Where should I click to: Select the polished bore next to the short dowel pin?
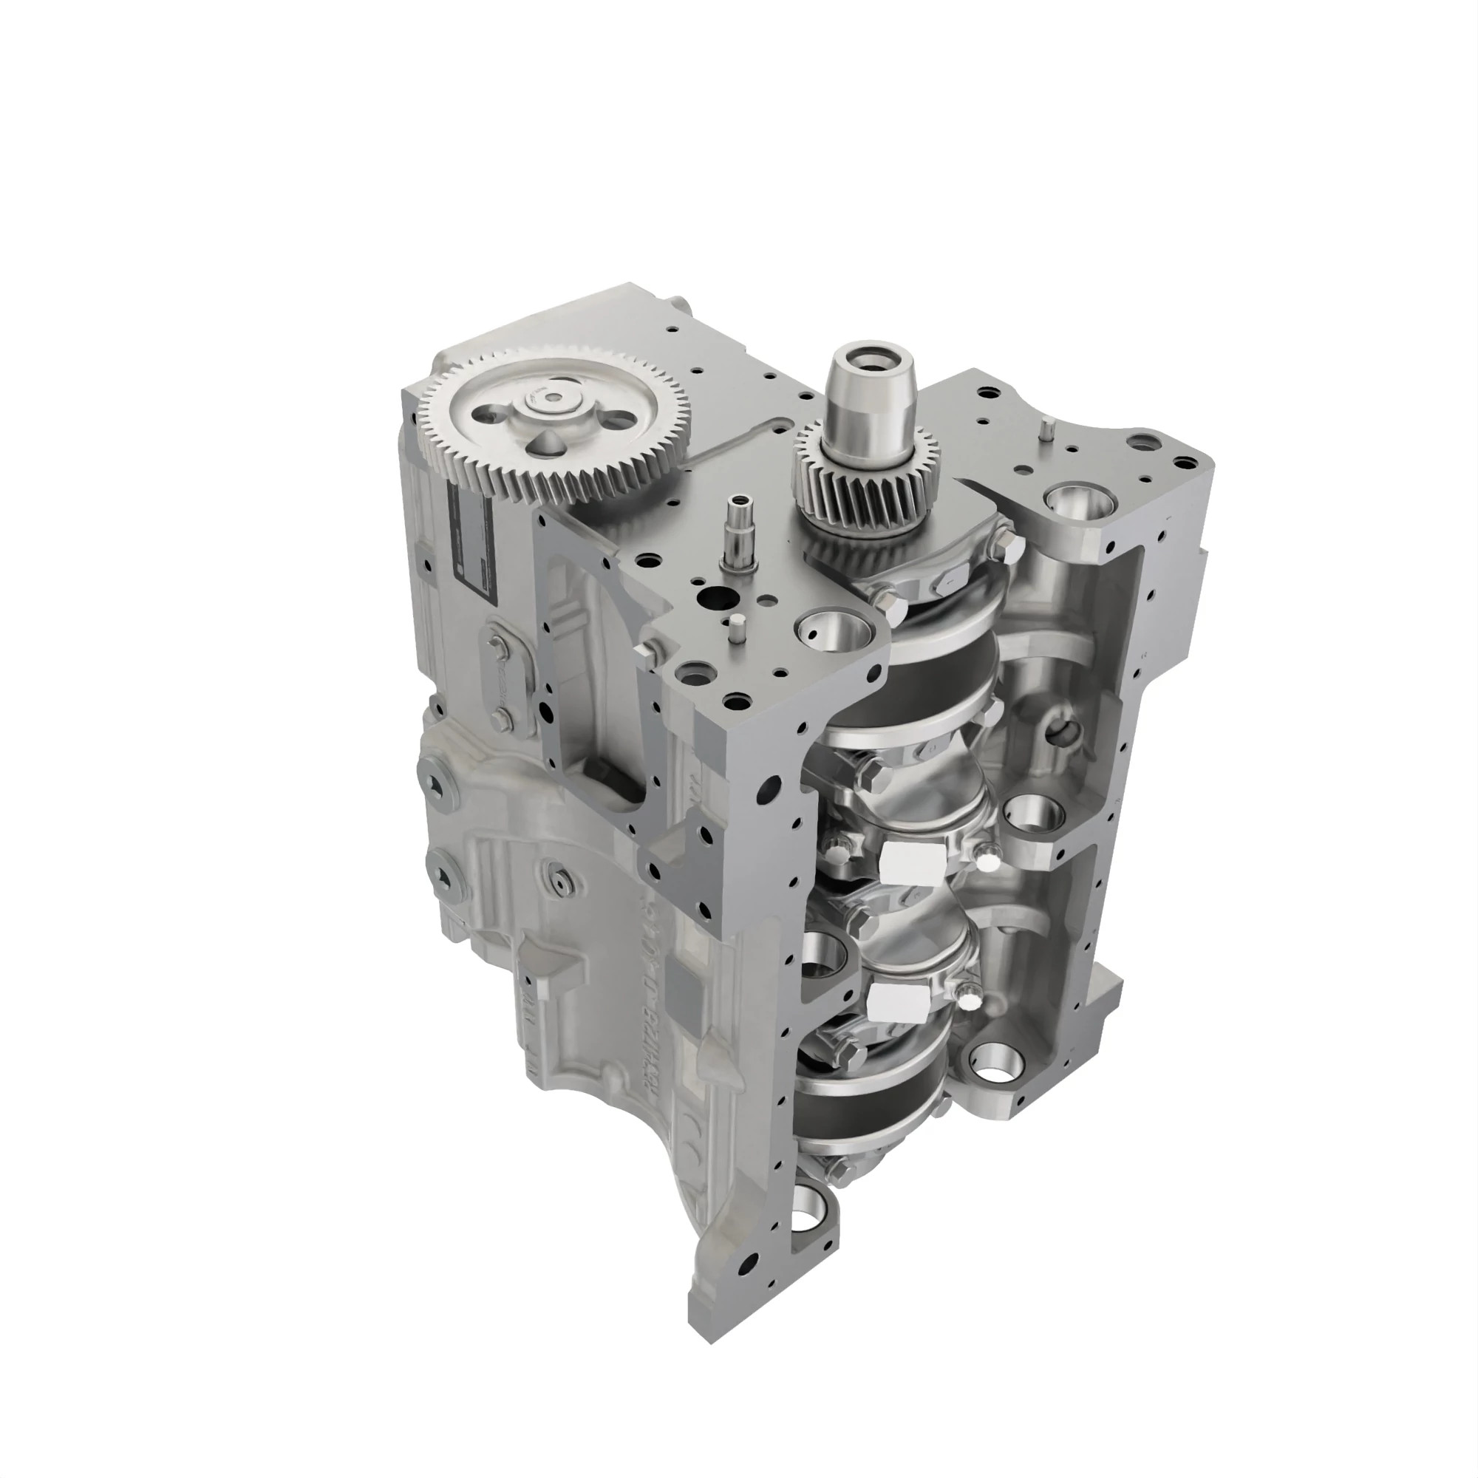[x=834, y=633]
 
